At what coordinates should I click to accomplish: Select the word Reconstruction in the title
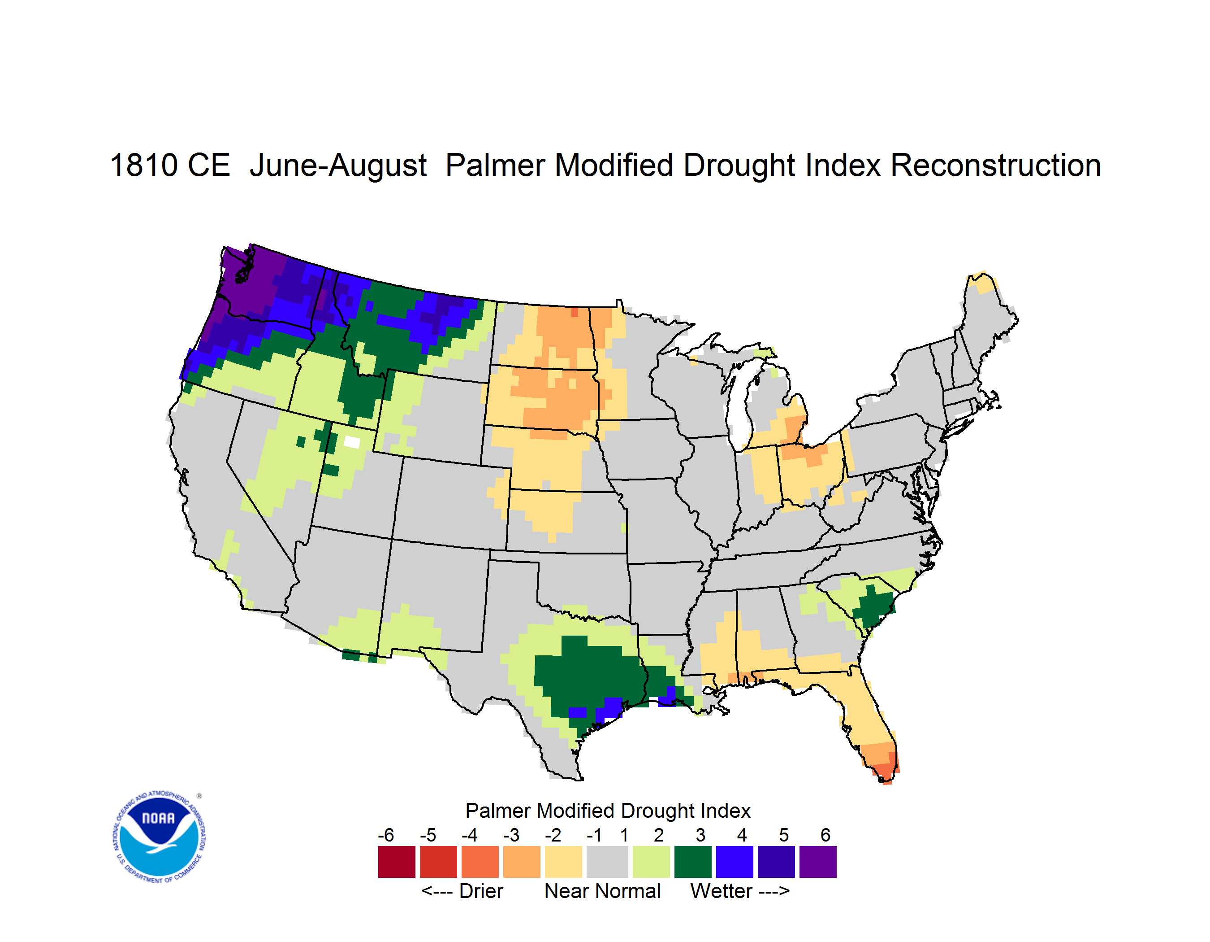coord(996,165)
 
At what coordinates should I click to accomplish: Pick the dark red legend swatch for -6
coord(397,862)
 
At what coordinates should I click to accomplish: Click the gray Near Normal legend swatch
coord(607,862)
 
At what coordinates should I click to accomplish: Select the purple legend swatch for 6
coord(818,862)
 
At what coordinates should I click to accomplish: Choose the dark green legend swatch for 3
coord(692,862)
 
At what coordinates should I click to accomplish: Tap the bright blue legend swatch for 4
coord(735,862)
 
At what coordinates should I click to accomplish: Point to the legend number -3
coord(511,835)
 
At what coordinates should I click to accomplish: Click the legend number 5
coord(784,835)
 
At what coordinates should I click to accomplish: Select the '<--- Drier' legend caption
coord(462,891)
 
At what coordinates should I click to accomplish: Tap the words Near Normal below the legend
coord(602,891)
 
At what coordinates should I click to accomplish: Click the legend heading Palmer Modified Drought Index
coord(608,811)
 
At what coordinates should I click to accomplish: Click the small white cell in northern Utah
coord(352,442)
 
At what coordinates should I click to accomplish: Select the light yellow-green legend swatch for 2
coord(652,862)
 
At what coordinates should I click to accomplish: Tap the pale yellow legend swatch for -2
coord(563,862)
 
